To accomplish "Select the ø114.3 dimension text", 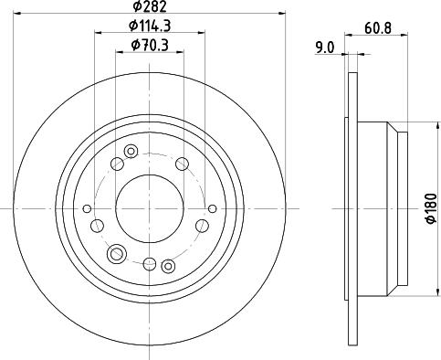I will point(149,27).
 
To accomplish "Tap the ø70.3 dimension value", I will point(149,46).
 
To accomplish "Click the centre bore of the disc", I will point(150,207).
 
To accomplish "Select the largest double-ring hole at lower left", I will point(116,254).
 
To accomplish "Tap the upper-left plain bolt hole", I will point(116,164).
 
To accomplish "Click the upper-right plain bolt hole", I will point(183,164).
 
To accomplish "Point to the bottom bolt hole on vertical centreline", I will point(150,263).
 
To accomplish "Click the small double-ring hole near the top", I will point(131,151).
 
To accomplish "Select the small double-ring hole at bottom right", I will point(168,266).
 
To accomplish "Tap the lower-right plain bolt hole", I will point(203,225).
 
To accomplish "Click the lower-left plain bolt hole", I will point(97,225).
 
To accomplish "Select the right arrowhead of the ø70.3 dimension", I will point(181,52).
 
